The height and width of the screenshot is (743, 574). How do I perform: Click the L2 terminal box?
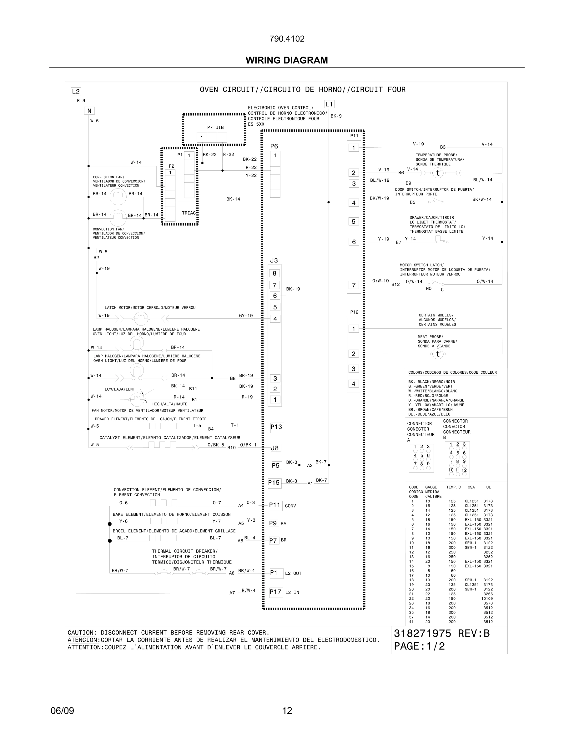pos(75,91)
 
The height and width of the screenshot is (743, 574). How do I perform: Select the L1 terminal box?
pos(329,104)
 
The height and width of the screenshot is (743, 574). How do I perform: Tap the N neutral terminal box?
pos(89,111)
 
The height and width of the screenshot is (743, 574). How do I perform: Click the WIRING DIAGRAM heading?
pos(287,60)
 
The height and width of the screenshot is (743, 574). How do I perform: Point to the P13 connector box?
pos(276,427)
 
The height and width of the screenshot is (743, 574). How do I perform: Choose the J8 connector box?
pos(275,448)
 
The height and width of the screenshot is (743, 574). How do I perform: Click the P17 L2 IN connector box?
pos(276,592)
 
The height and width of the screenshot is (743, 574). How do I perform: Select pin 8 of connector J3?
pos(275,273)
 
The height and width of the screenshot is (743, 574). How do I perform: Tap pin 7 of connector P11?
pos(354,285)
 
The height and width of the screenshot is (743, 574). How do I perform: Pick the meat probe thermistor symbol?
pos(438,354)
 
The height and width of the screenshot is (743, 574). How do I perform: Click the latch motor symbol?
pos(140,319)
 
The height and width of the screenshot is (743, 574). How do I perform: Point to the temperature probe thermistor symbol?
pos(438,173)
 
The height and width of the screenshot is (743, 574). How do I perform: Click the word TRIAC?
pos(189,213)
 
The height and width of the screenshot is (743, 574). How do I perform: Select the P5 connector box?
pos(276,465)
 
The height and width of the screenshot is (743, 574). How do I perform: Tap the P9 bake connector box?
pos(273,523)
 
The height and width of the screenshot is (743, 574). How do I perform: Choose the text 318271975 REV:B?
pos(441,634)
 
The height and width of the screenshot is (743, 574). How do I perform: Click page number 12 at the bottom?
pos(287,711)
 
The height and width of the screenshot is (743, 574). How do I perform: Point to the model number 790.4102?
pos(287,39)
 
